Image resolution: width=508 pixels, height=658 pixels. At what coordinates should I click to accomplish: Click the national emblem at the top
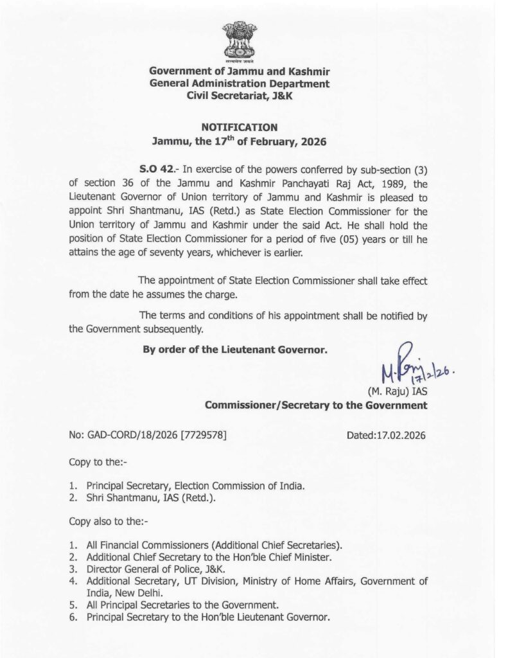(x=238, y=40)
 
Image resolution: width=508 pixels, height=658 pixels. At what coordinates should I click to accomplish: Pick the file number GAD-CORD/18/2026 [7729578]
(x=148, y=435)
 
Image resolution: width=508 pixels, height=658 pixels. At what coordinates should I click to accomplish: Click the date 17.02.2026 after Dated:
(x=400, y=435)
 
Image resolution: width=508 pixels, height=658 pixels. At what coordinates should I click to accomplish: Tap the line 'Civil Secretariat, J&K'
(x=238, y=95)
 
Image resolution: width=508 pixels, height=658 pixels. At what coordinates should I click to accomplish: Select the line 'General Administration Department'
(x=238, y=83)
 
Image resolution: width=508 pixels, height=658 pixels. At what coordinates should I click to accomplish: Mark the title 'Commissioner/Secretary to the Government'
(x=315, y=405)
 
